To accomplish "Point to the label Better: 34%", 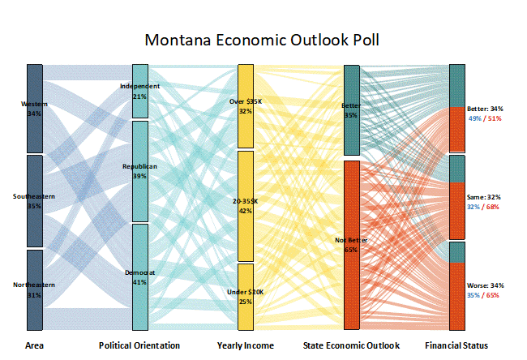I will [486, 109].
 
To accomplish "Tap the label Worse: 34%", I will [486, 285].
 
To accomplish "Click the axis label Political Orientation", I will [139, 346].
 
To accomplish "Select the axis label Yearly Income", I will [246, 346].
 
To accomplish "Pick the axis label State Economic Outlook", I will [351, 346].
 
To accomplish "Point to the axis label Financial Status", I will [457, 346].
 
